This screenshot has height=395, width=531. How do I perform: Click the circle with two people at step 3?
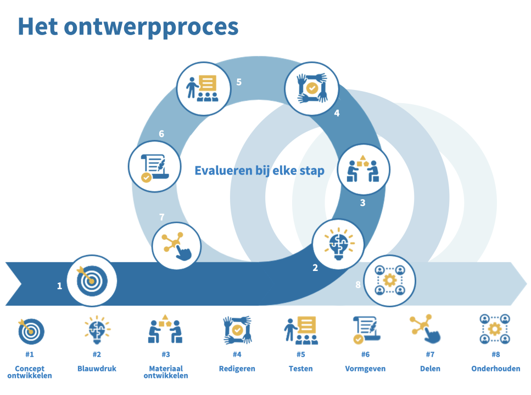point(362,170)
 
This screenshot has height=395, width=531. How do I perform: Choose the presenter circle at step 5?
point(203,88)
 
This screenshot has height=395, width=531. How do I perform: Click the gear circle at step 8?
point(389,280)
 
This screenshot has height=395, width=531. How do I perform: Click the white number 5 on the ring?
point(239,82)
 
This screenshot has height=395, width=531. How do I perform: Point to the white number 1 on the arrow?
point(59,286)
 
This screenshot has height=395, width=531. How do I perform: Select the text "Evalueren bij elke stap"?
point(259,171)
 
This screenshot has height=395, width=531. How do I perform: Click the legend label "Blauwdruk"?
point(97,369)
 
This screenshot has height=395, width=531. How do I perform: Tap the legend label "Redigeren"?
point(237,369)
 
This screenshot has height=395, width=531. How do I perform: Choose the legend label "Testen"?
point(300,369)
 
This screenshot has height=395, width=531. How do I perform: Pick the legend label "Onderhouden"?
point(495,369)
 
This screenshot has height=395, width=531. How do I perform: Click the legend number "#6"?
point(365,354)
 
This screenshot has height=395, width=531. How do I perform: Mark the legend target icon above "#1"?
point(30,330)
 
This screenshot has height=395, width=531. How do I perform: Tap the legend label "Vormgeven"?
point(365,369)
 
